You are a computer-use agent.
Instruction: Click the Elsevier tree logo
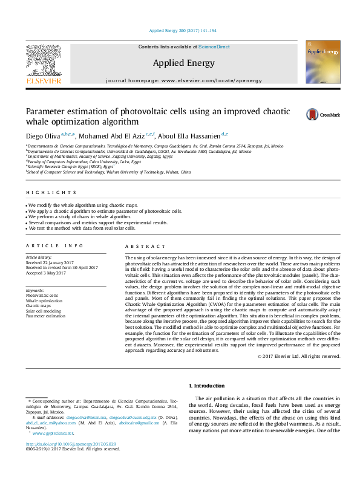(x=43, y=62)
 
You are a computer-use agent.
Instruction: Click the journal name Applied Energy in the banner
(x=184, y=62)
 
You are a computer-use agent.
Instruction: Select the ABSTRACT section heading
(x=145, y=247)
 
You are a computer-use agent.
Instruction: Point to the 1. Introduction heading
(x=208, y=386)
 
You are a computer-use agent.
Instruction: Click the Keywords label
(x=35, y=290)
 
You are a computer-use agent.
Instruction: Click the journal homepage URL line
(x=183, y=80)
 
